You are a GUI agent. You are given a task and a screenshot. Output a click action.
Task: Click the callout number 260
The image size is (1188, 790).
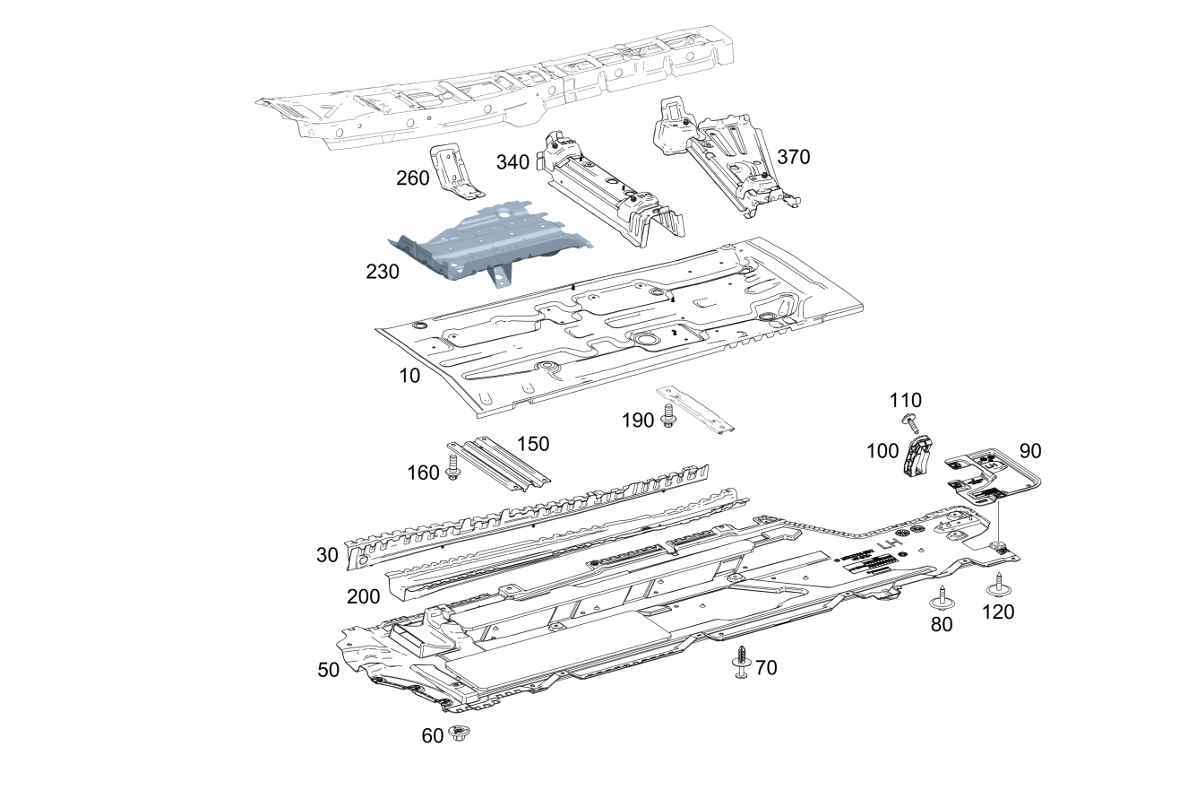[x=413, y=178]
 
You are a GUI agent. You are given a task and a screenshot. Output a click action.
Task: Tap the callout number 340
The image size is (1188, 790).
[x=512, y=162]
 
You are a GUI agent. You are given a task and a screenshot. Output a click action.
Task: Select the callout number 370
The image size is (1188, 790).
[x=793, y=157]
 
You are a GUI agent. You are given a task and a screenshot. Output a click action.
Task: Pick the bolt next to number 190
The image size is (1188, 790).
[x=667, y=416]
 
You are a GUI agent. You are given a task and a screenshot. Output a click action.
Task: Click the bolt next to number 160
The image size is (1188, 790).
[x=452, y=467]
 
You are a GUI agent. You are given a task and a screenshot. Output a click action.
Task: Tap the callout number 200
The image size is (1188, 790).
[x=364, y=596]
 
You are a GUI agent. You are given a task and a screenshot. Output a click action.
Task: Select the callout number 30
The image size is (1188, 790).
[x=327, y=555]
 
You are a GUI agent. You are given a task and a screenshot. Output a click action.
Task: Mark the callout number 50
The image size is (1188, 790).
[x=329, y=670]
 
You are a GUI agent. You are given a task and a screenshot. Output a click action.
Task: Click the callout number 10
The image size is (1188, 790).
[x=409, y=376]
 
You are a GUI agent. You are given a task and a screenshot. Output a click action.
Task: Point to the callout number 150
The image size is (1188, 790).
[x=532, y=443]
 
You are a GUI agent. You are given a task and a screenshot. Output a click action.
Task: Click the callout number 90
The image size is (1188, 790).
[x=1030, y=450]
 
